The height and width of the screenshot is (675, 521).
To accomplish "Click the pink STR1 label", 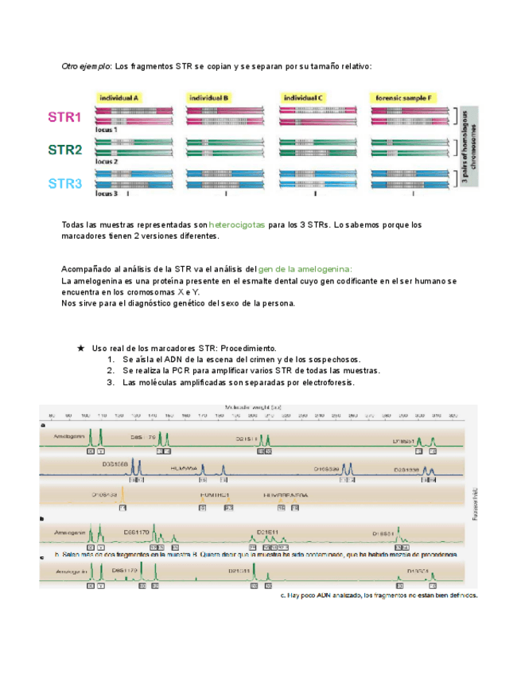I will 64,118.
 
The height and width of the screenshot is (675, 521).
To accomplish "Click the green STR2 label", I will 64,150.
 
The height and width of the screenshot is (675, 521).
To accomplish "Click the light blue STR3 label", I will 64,183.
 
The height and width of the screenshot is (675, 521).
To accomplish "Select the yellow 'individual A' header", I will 119,97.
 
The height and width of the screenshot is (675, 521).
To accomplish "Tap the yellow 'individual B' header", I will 209,97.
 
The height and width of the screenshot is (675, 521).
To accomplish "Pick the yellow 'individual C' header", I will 304,97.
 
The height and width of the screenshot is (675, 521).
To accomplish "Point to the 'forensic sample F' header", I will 406,97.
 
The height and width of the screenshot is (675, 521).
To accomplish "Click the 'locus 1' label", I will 106,128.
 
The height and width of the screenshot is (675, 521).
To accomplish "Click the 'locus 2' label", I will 106,161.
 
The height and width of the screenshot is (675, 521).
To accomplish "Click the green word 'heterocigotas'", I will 237,226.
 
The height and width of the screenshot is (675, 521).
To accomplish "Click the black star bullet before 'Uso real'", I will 81,349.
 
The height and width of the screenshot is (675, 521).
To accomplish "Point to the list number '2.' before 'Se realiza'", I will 111,371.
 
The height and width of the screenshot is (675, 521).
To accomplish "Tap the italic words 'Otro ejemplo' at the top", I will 86,65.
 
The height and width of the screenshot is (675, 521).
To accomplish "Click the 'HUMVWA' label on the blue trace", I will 184,470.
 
